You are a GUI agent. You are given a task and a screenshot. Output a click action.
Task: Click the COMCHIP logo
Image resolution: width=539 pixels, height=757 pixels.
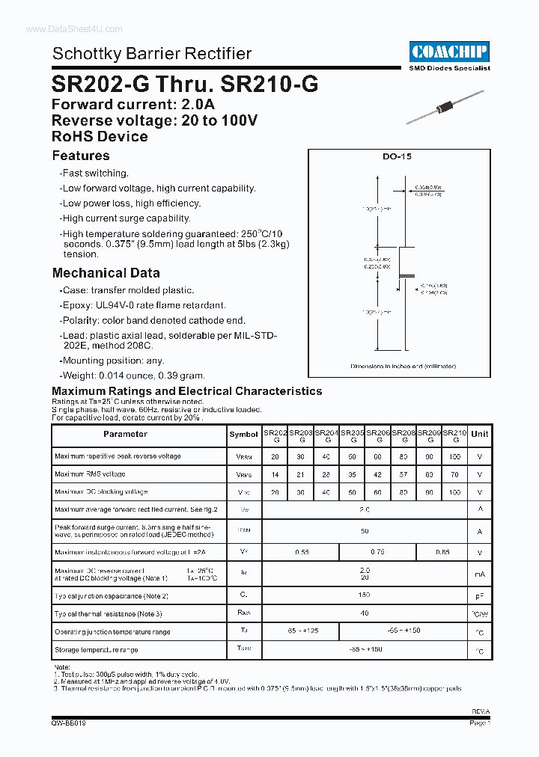(449, 52)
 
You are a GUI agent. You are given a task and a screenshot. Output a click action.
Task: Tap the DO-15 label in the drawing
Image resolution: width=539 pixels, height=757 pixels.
(397, 157)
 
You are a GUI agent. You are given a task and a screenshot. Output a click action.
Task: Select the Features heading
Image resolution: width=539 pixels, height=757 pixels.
(81, 156)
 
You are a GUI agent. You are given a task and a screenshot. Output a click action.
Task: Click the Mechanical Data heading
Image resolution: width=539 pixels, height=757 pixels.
(106, 273)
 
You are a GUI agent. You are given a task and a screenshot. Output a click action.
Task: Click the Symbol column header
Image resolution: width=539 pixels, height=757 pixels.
(243, 435)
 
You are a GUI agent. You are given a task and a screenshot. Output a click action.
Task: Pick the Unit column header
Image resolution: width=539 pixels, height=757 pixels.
(480, 434)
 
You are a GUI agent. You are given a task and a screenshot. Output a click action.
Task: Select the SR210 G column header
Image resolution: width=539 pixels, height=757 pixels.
(454, 435)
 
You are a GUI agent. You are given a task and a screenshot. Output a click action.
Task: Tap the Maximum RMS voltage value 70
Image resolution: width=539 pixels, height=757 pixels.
(454, 474)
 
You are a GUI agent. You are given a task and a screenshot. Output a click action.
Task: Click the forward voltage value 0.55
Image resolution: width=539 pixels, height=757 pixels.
(301, 552)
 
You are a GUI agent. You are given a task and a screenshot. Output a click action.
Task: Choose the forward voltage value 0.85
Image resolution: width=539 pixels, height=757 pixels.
(442, 552)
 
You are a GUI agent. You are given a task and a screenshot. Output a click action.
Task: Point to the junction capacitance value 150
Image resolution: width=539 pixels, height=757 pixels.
(365, 596)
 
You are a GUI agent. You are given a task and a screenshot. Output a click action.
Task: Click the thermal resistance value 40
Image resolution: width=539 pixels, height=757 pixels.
(365, 614)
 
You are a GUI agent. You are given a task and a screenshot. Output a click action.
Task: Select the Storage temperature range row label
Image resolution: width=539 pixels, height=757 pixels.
(96, 650)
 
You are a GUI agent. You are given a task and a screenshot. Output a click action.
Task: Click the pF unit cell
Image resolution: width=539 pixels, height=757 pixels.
(480, 596)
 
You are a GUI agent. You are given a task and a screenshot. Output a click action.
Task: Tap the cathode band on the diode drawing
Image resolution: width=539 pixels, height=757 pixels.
(405, 276)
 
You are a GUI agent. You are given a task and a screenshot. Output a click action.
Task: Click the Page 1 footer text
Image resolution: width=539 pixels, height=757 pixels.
(479, 723)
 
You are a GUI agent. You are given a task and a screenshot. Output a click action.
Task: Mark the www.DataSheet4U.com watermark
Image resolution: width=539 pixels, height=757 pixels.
(63, 28)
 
